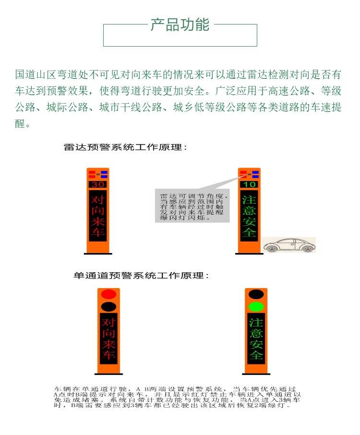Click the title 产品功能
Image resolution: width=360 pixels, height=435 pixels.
pyautogui.click(x=180, y=24)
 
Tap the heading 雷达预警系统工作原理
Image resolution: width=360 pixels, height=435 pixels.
pyautogui.click(x=125, y=147)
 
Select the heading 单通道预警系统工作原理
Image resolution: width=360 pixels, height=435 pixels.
pyautogui.click(x=141, y=276)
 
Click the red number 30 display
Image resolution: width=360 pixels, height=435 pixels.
pyautogui.click(x=98, y=184)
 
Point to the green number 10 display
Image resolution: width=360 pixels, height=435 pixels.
pyautogui.click(x=249, y=184)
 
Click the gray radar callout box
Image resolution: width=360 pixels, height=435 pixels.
pyautogui.click(x=192, y=205)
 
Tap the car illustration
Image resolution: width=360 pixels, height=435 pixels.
pyautogui.click(x=289, y=245)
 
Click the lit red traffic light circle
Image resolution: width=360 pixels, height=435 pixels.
pyautogui.click(x=108, y=294)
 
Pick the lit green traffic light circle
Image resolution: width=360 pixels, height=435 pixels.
pyautogui.click(x=256, y=306)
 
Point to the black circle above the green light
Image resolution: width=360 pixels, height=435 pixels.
pyautogui.click(x=256, y=294)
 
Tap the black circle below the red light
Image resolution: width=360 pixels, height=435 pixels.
pyautogui.click(x=108, y=306)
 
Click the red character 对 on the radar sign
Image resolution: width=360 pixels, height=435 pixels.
pyautogui.click(x=97, y=199)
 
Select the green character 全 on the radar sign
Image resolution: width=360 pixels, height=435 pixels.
pyautogui.click(x=249, y=232)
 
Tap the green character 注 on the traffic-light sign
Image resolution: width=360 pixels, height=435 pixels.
pyautogui.click(x=256, y=323)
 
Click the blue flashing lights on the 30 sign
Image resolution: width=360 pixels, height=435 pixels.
pyautogui.click(x=104, y=174)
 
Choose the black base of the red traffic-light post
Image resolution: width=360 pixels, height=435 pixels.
pyautogui.click(x=108, y=374)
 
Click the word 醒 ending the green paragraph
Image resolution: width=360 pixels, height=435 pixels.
pyautogui.click(x=20, y=123)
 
